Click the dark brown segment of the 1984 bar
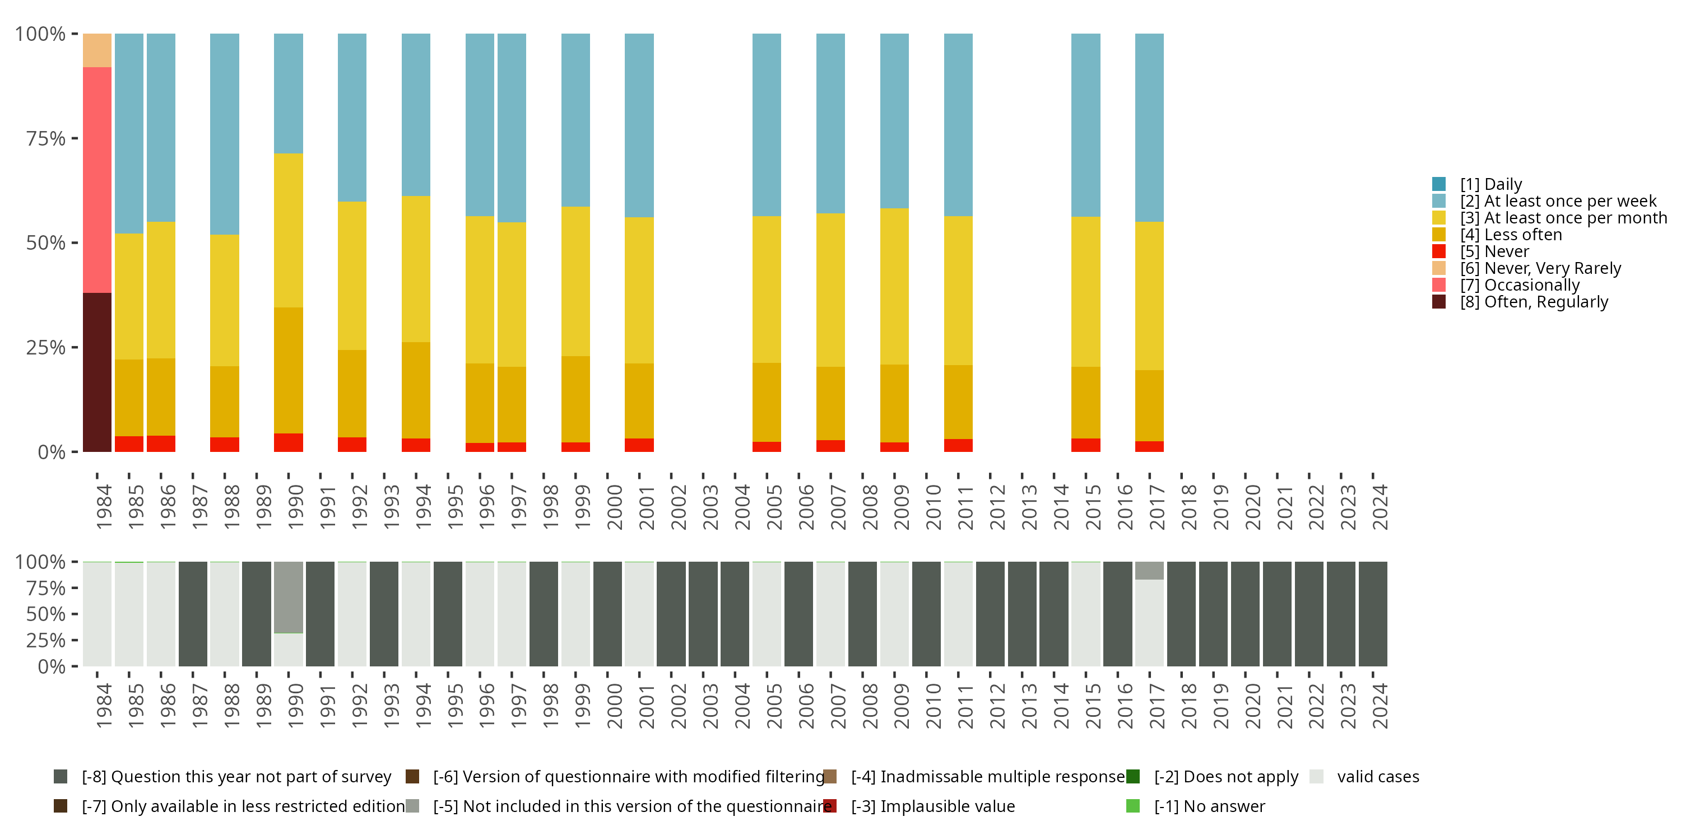(x=97, y=372)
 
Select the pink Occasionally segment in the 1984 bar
(x=97, y=179)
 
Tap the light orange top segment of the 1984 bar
(x=97, y=50)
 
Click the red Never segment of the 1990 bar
(x=289, y=442)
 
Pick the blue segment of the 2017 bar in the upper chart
(x=1149, y=127)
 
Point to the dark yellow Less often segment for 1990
(x=289, y=370)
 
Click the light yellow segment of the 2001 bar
(x=639, y=290)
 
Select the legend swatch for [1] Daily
(x=1439, y=184)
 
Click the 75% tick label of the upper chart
(x=46, y=138)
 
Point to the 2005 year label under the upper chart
(x=774, y=507)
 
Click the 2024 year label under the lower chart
(x=1380, y=706)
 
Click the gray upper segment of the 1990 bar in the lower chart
(x=289, y=597)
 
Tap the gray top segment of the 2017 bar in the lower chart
(x=1149, y=571)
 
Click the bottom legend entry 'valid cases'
(x=1377, y=777)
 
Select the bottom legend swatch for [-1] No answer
(x=1133, y=806)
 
